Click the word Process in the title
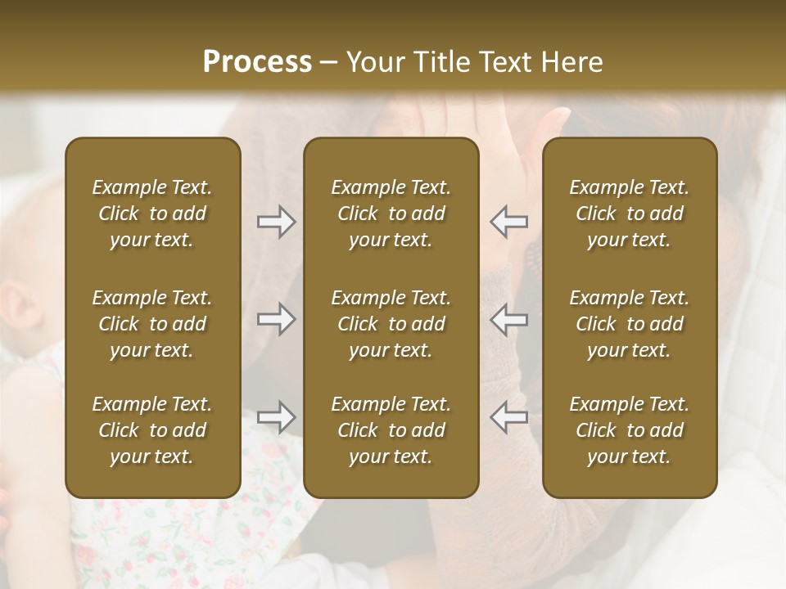[x=257, y=62]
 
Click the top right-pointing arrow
[x=276, y=222]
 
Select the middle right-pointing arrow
[x=276, y=319]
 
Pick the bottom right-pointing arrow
[x=276, y=417]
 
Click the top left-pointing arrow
[x=509, y=222]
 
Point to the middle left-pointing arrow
[x=509, y=319]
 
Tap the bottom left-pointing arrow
[x=509, y=417]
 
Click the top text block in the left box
[x=152, y=214]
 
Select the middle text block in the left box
[x=152, y=324]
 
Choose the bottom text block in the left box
[x=152, y=430]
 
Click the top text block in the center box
[x=391, y=214]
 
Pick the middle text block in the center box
[x=391, y=324]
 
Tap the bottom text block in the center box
[x=391, y=430]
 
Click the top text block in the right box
[x=629, y=214]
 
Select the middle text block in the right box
[x=629, y=324]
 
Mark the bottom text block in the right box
[x=629, y=430]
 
